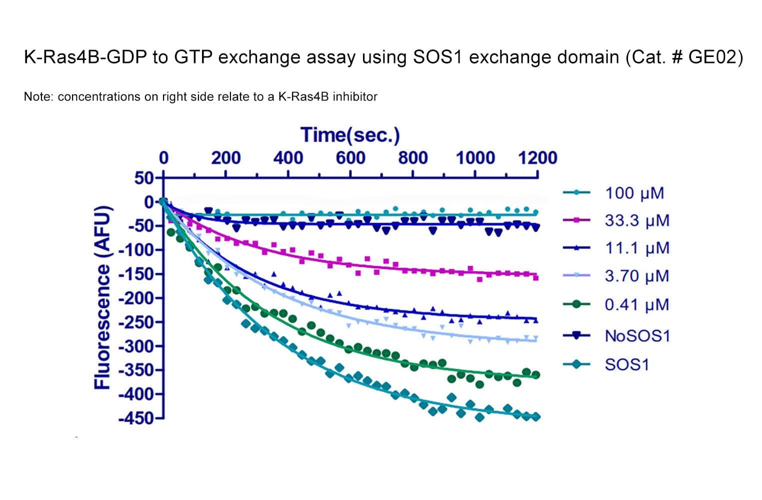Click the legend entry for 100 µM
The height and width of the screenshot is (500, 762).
tap(634, 193)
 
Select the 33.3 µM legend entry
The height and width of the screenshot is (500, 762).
tap(636, 220)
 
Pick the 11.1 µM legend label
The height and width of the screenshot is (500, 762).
tap(636, 248)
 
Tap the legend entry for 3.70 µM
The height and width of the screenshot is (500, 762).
tap(636, 276)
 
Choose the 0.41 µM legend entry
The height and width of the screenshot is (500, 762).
tap(636, 304)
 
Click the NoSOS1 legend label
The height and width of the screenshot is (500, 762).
tap(637, 335)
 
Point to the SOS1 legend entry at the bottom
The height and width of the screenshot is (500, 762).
tap(626, 364)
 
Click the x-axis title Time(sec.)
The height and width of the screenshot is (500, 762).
tap(350, 135)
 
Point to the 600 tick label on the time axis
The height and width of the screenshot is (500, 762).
tap(350, 158)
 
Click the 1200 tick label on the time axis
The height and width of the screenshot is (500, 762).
tap(537, 158)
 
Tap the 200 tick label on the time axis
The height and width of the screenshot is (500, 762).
tap(225, 158)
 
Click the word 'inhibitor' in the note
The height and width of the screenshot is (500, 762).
tap(355, 96)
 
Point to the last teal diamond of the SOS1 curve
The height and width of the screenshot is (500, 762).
tap(535, 416)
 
